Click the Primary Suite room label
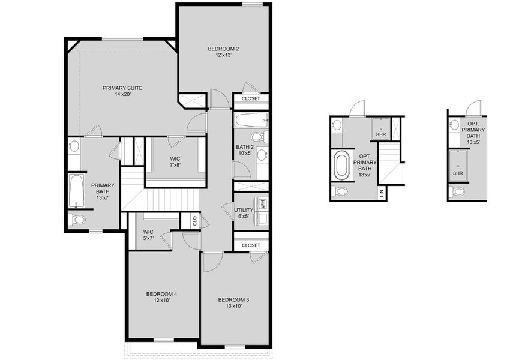pos(122,91)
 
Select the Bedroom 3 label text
pos(233,302)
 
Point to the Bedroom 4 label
pos(161,296)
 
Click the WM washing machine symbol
pos(263,203)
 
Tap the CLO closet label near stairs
pos(194,221)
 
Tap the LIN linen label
pos(382,193)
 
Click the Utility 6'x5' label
pos(244,213)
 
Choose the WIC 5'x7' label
pos(149,235)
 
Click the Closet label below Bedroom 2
pos(251,99)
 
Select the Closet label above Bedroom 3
pos(251,245)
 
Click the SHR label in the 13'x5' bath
pos(458,173)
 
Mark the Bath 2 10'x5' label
pos(245,150)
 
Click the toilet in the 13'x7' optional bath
pos(340,192)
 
